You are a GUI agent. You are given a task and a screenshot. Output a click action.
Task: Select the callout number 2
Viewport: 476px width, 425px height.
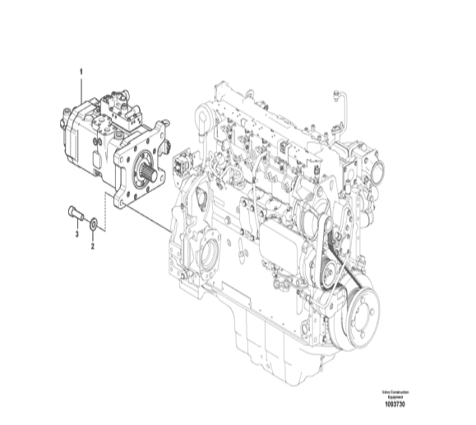point(93,245)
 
